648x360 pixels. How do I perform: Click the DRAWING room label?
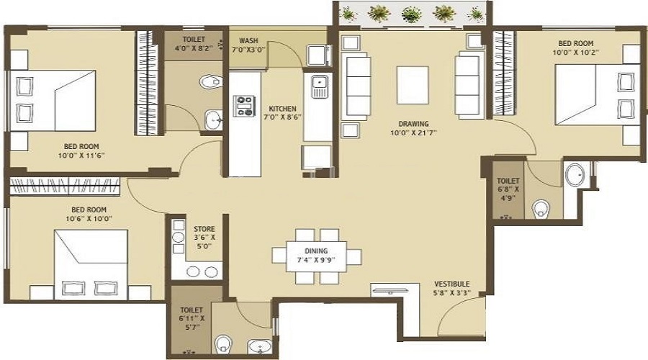(413, 122)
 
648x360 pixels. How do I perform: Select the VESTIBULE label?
(452, 284)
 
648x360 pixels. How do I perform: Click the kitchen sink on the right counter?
(318, 89)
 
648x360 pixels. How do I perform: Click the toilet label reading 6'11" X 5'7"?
(191, 317)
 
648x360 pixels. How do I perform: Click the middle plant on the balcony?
(412, 14)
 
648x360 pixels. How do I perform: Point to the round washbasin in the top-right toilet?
(575, 175)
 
